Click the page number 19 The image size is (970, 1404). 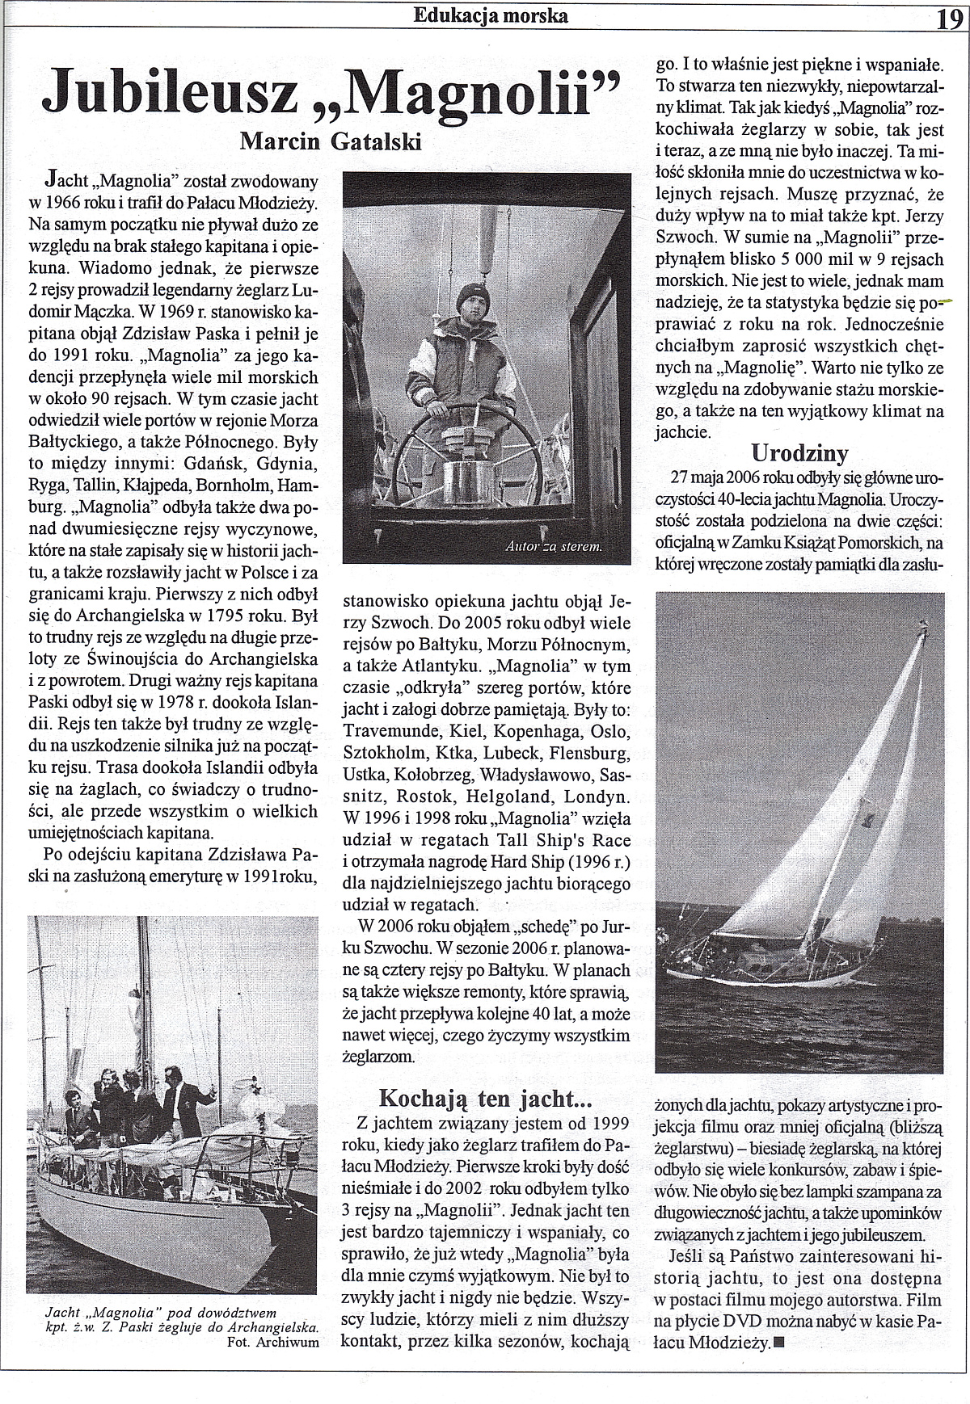point(950,18)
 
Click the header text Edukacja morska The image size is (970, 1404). point(490,15)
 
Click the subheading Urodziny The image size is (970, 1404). point(799,452)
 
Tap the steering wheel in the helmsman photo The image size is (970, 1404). point(469,436)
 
